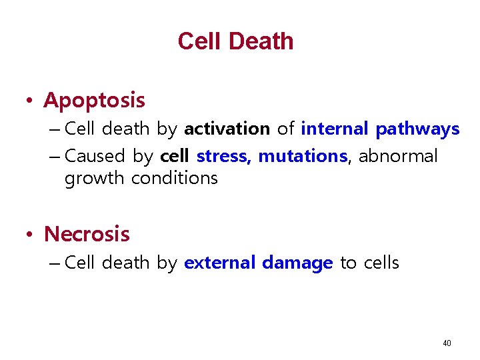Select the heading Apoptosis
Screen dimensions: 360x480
coord(94,101)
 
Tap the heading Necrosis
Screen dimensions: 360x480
coord(87,234)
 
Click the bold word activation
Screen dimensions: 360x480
coord(227,129)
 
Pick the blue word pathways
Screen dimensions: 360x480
coord(417,129)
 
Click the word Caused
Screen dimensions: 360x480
coord(95,156)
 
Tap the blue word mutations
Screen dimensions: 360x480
coord(303,156)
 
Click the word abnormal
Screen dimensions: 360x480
coord(399,156)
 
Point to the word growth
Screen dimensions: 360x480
coord(95,179)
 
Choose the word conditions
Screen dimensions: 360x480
coord(175,178)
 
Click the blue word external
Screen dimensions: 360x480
coord(220,263)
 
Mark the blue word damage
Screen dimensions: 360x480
coord(297,263)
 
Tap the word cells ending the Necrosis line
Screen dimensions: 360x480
coord(381,263)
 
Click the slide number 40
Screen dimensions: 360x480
coord(447,343)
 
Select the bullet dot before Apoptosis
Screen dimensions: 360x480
coord(30,101)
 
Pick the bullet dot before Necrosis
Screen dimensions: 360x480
coord(30,235)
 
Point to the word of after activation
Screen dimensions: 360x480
coord(285,129)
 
